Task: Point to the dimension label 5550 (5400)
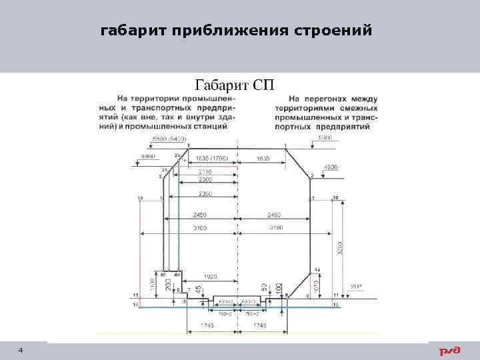pos(169,138)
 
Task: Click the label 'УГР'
pos(356,287)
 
